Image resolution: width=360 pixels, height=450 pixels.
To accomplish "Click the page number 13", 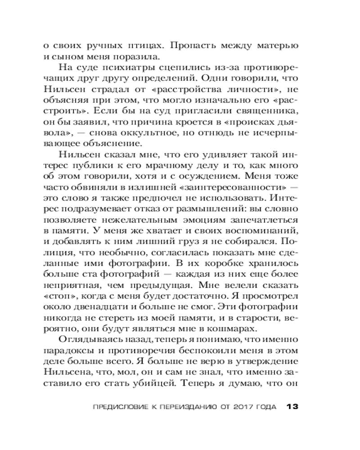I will [292, 407].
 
